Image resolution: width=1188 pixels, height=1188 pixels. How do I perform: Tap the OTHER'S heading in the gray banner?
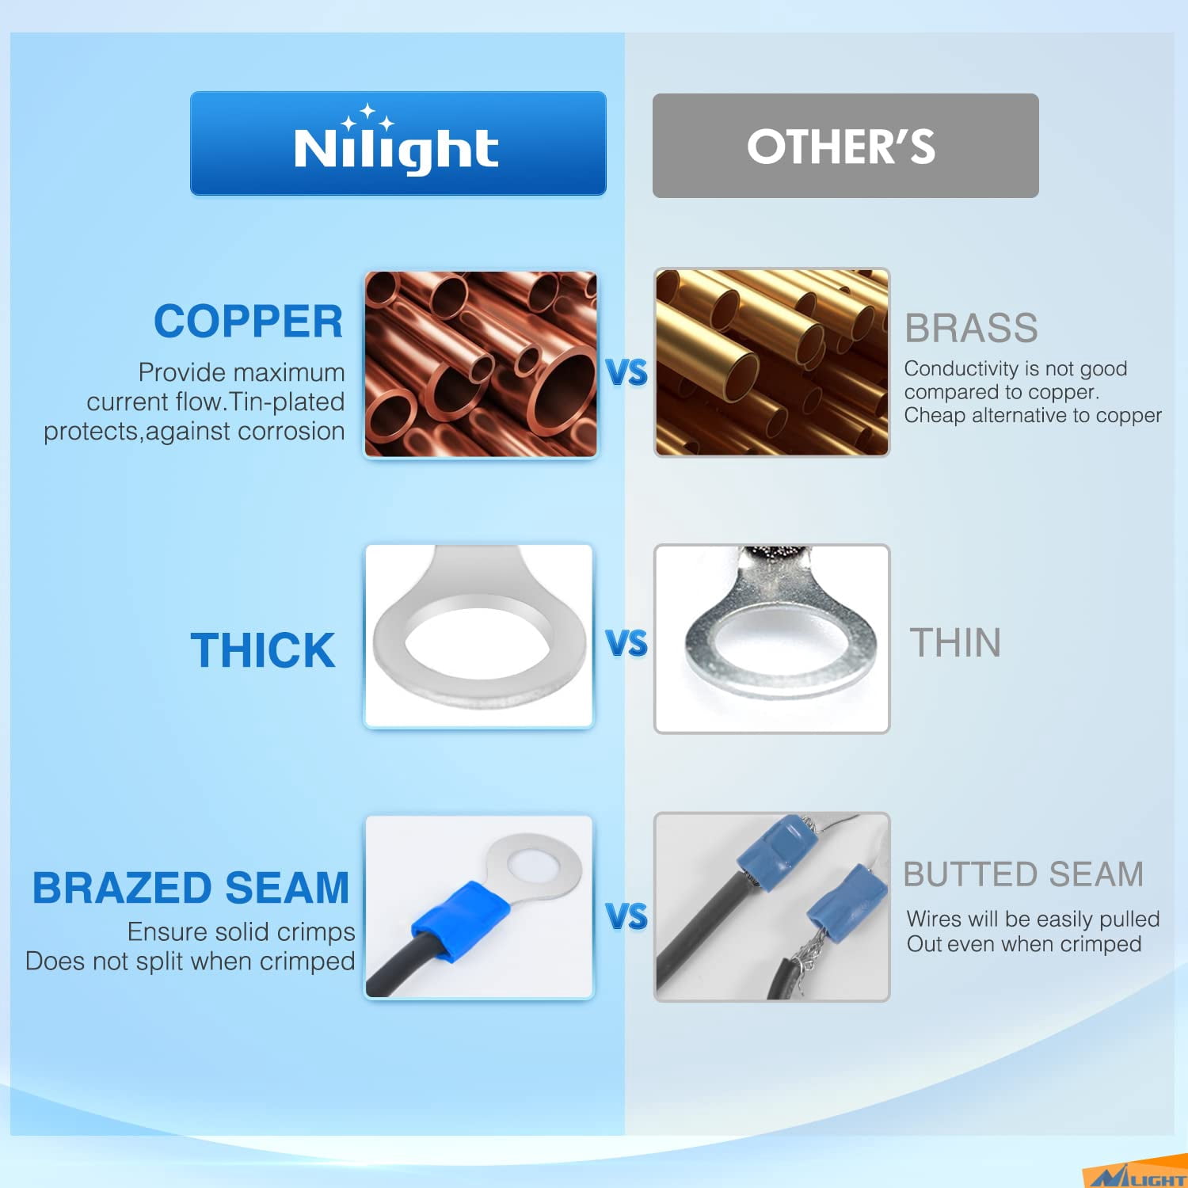coord(841,147)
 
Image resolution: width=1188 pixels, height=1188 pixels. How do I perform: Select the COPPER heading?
coord(248,322)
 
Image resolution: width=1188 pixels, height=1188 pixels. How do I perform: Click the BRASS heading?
coord(971,328)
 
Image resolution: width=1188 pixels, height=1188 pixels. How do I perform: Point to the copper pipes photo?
coord(480,364)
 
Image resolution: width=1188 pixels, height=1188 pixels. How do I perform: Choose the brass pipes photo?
coord(771,363)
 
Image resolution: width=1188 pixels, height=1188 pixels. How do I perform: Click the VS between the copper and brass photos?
coord(626,372)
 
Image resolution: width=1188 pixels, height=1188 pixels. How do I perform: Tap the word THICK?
coord(263,650)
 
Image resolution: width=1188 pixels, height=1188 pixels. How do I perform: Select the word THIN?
coord(955,642)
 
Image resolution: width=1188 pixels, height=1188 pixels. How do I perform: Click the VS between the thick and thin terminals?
coord(626,643)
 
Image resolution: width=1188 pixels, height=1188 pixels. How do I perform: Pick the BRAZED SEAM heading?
coord(190,888)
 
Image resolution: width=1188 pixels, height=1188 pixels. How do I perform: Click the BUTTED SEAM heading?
coord(1023,874)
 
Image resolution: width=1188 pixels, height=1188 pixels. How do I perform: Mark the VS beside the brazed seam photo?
coord(626,916)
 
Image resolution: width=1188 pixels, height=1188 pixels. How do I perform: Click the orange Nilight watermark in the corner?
coord(1135,1177)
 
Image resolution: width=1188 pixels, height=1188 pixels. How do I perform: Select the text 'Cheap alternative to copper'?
coord(1033,415)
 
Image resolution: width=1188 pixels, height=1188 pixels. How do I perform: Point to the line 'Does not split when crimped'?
coord(190,961)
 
